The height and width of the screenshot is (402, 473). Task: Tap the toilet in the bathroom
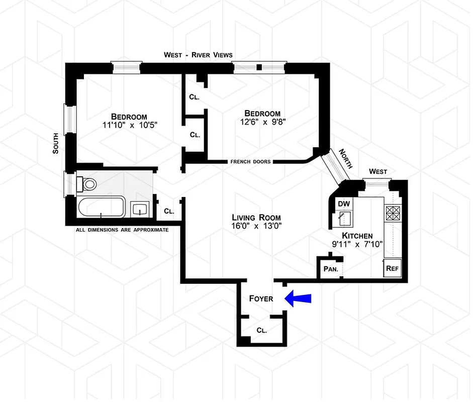pyautogui.click(x=88, y=184)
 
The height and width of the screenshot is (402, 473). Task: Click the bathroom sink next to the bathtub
pyautogui.click(x=139, y=209)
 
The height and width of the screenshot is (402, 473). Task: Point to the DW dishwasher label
pyautogui.click(x=343, y=203)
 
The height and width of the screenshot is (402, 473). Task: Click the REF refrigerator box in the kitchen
pyautogui.click(x=392, y=268)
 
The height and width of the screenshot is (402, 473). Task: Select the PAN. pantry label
pyautogui.click(x=330, y=269)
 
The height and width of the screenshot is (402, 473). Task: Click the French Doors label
pyautogui.click(x=250, y=162)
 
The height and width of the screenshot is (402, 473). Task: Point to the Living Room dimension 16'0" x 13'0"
pyautogui.click(x=256, y=226)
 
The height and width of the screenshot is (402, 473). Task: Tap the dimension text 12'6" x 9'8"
pyautogui.click(x=262, y=122)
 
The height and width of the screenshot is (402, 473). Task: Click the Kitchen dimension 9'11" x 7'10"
pyautogui.click(x=357, y=244)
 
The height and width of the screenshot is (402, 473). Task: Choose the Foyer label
pyautogui.click(x=261, y=298)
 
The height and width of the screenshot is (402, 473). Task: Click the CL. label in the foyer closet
pyautogui.click(x=261, y=331)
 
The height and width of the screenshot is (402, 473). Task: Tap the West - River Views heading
pyautogui.click(x=198, y=55)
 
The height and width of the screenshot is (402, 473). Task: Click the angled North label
pyautogui.click(x=346, y=158)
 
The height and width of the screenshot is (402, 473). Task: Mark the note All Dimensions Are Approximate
pyautogui.click(x=122, y=230)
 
